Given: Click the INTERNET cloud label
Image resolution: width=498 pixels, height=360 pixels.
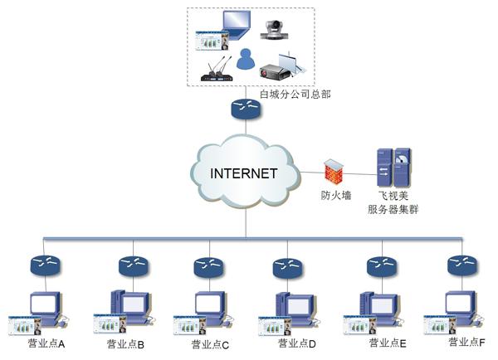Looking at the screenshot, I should tap(243, 173).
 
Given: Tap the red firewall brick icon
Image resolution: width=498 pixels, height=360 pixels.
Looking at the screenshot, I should tap(332, 172).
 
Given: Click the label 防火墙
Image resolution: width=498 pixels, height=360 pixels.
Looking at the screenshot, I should tap(336, 196).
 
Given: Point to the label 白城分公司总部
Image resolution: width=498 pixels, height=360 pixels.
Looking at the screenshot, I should tap(296, 95).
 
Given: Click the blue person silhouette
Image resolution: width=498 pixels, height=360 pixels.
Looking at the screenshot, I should tap(244, 59).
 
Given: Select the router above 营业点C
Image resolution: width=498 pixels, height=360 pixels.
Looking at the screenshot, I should tap(207, 267).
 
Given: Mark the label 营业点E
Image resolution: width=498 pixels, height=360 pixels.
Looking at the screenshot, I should tap(388, 343).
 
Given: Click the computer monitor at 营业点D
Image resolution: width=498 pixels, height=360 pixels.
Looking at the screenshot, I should tap(295, 304).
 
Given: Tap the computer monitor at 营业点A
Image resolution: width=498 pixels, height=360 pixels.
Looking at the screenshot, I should tap(43, 304).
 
